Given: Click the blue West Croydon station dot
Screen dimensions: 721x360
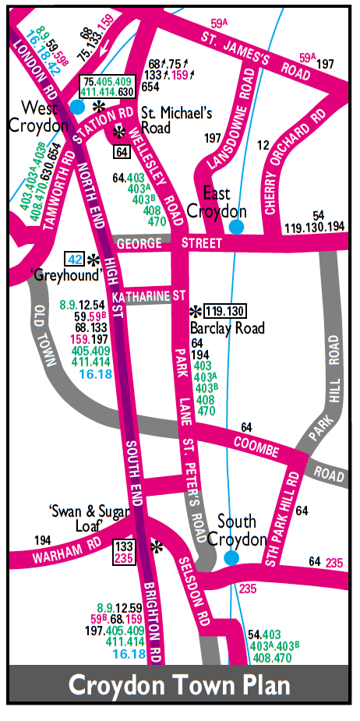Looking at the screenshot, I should [77, 107].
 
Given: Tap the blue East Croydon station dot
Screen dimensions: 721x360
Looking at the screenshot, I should [235, 227].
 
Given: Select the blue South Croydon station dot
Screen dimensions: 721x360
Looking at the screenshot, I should [231, 557].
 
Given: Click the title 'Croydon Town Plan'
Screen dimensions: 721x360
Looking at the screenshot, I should [179, 685].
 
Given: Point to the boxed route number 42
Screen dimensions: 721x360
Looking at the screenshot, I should [75, 260].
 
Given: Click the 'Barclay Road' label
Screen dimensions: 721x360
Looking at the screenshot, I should [227, 328].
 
